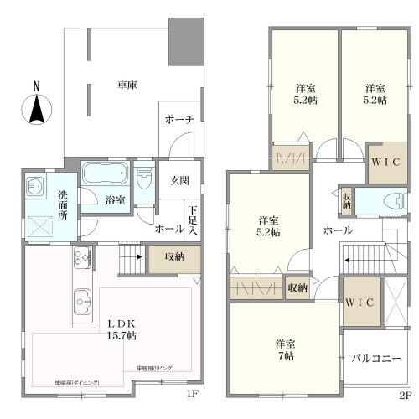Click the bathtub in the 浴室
106,177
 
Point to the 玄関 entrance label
180,180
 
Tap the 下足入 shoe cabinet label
194,220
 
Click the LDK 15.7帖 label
117,328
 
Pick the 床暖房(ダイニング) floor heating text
77,382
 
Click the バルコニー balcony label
375,358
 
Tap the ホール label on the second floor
337,230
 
